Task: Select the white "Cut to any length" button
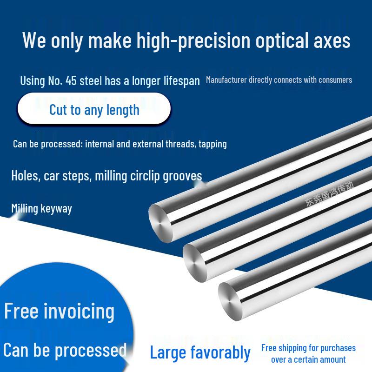coord(94,110)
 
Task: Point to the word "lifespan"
coord(180,80)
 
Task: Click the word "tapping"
coord(213,144)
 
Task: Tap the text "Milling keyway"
coord(41,208)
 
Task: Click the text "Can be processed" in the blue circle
coord(65,350)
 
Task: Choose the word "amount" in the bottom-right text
coord(332,359)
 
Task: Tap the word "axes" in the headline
coord(332,41)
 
